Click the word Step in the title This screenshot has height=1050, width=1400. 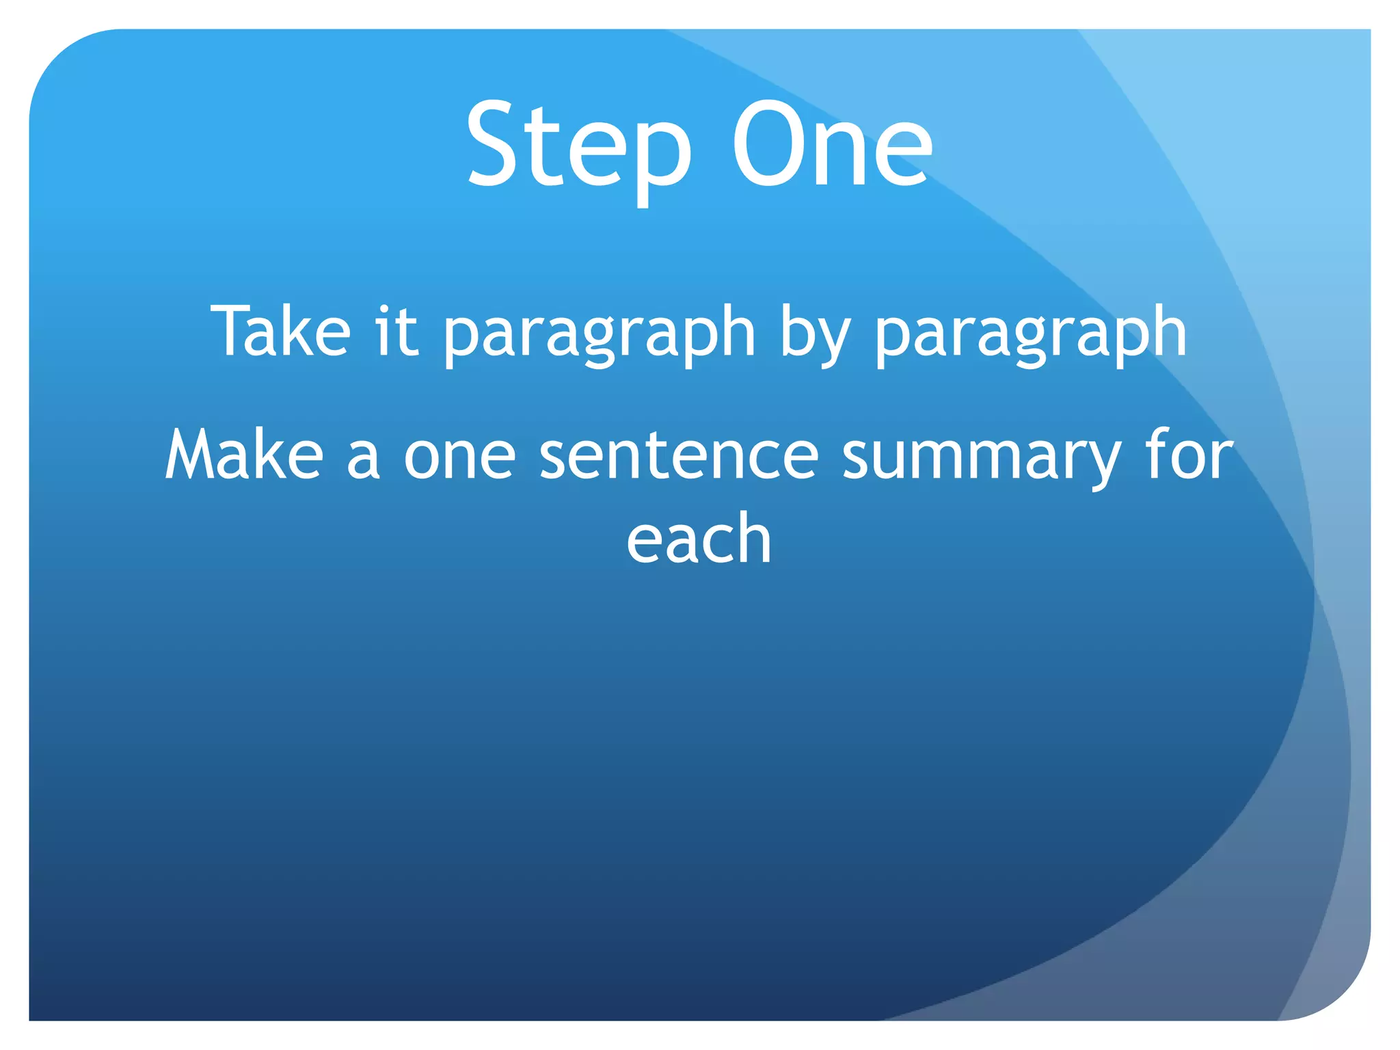click(x=578, y=147)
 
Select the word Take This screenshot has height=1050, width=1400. click(x=281, y=332)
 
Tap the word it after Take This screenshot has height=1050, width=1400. click(x=396, y=332)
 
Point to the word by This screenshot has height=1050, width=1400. click(x=814, y=335)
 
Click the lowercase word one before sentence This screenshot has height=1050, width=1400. click(x=459, y=458)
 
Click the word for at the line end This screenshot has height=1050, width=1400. click(x=1189, y=455)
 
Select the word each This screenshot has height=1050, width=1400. click(x=699, y=539)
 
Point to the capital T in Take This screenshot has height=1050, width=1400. click(x=232, y=332)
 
